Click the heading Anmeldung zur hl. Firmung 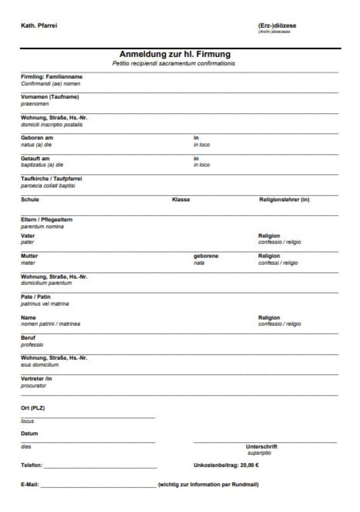(174, 54)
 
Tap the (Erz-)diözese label (277, 26)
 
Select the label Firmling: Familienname (51, 77)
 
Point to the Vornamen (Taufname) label (49, 97)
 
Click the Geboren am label (37, 138)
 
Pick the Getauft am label (35, 158)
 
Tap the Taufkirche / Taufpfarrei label (51, 178)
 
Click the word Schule (29, 199)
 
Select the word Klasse (181, 199)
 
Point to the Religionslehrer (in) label (284, 199)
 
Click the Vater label (28, 235)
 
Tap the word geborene (206, 256)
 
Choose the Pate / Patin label (35, 297)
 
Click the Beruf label (28, 338)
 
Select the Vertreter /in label (36, 379)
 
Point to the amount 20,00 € (249, 466)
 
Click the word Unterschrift (261, 447)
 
